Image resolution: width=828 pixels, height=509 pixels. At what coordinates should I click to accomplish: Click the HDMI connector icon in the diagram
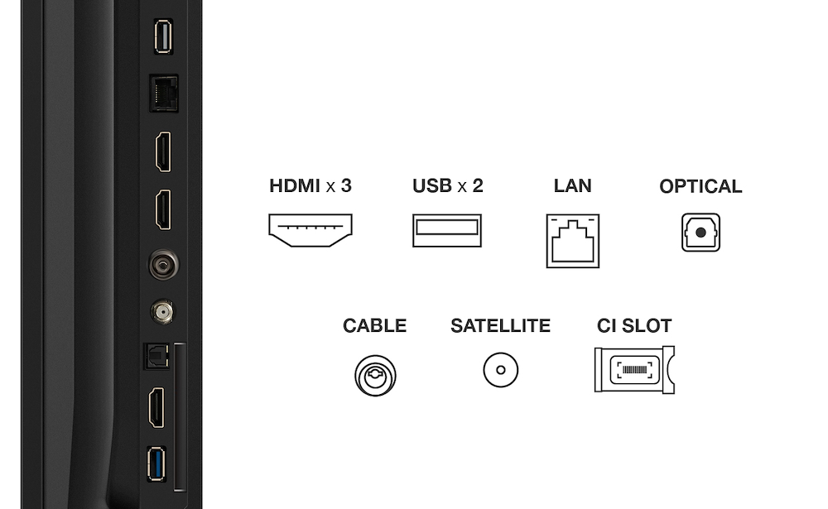[x=310, y=230]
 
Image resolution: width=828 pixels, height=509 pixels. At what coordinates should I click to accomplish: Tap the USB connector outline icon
[x=446, y=230]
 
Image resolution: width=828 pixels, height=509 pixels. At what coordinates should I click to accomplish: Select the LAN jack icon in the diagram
[x=572, y=240]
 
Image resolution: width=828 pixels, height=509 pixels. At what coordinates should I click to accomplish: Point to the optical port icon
[x=700, y=233]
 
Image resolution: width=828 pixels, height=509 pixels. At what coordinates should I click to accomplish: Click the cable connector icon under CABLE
[x=375, y=375]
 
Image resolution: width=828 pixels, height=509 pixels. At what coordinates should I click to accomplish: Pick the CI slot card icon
[x=634, y=369]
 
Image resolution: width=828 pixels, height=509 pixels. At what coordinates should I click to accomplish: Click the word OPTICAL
[x=700, y=187]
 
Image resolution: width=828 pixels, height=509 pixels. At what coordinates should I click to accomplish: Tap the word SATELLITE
[x=500, y=326]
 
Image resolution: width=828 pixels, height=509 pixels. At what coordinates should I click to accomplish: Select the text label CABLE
[x=374, y=326]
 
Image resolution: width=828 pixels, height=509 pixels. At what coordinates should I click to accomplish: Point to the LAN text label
[x=572, y=186]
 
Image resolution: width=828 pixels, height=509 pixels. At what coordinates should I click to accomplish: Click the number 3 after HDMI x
[x=346, y=185]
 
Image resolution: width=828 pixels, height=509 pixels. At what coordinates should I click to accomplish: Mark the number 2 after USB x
[x=477, y=185]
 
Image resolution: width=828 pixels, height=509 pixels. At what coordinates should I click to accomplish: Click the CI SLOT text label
[x=634, y=326]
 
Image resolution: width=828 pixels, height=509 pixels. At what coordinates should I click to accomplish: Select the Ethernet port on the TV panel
[x=162, y=94]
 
